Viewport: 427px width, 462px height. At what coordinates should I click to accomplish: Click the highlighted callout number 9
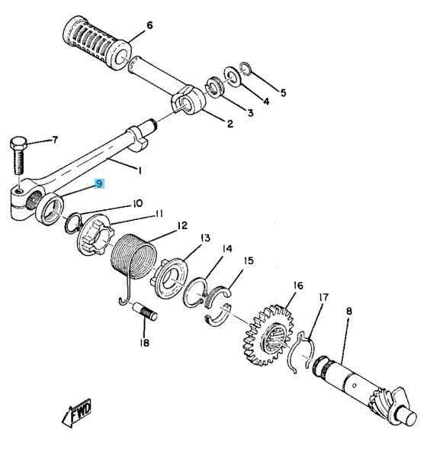pyautogui.click(x=98, y=183)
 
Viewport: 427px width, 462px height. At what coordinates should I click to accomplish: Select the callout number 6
pyautogui.click(x=149, y=25)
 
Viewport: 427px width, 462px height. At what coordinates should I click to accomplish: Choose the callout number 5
pyautogui.click(x=283, y=93)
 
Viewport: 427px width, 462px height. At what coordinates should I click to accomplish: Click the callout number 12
pyautogui.click(x=181, y=226)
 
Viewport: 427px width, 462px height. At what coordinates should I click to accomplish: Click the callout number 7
pyautogui.click(x=54, y=141)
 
